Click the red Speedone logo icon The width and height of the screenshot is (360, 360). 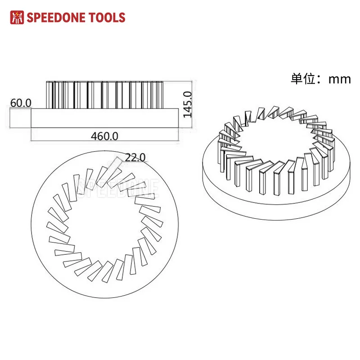tap(17, 17)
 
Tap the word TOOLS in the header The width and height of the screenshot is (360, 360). tap(107, 18)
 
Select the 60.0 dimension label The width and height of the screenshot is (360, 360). tap(21, 103)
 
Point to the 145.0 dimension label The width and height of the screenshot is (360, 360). tap(187, 104)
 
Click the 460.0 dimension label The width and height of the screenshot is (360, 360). tap(104, 136)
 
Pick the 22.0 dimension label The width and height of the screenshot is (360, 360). tap(135, 157)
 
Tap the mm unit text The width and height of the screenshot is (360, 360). tap(340, 80)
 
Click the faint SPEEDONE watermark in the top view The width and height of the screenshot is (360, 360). tap(118, 188)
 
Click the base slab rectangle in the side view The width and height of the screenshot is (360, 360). tap(105, 118)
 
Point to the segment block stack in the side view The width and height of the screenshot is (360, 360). tap(105, 94)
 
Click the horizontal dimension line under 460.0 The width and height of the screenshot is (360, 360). tap(105, 140)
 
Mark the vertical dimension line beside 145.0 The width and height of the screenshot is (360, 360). tap(192, 104)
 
